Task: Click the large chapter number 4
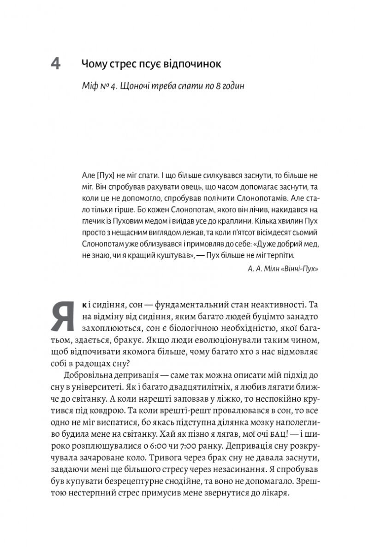[55, 63]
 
